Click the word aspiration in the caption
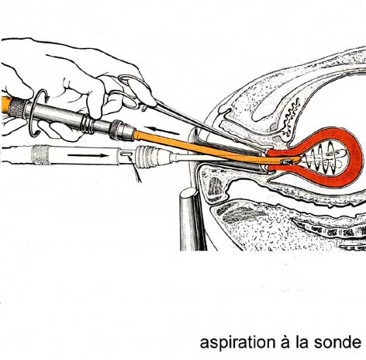237,343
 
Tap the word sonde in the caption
337,342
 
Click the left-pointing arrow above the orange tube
161,130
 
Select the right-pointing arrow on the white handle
88,155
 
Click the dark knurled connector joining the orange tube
122,130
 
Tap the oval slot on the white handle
126,154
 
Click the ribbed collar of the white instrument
147,156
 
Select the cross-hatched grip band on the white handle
40,155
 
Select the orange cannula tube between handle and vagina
199,146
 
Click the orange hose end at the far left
5,104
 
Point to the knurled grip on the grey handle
17,108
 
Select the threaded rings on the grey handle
87,123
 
